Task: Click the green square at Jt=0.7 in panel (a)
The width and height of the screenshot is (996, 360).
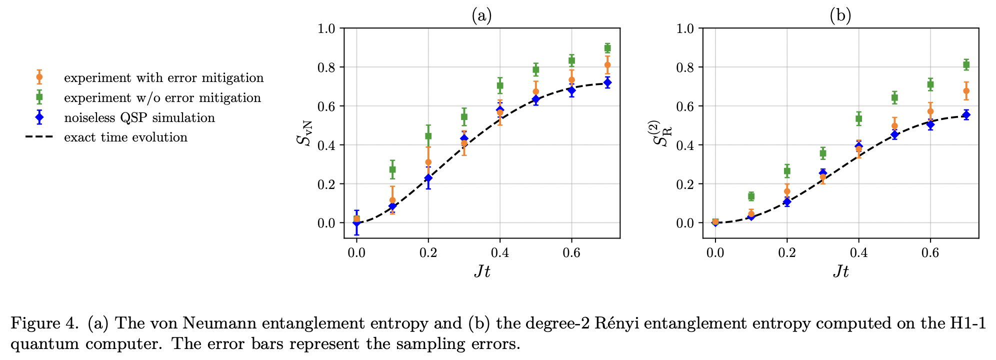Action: (x=607, y=48)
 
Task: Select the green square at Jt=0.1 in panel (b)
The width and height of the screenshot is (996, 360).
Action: (x=751, y=196)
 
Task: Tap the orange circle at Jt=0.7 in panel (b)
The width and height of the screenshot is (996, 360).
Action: (x=966, y=91)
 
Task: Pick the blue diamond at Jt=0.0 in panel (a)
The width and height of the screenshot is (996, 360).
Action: (x=356, y=223)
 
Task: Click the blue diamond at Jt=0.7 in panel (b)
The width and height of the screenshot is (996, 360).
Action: (x=966, y=115)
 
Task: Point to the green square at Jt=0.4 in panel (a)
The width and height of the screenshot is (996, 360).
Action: (x=499, y=85)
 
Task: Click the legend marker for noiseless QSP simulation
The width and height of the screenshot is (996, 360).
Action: (x=39, y=118)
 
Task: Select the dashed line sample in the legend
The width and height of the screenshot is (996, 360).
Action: (x=39, y=137)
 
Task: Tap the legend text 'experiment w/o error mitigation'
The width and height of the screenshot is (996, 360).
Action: (x=162, y=98)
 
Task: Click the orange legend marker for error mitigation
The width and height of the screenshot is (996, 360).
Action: (x=39, y=77)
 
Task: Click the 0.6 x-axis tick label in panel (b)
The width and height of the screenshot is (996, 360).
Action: (x=930, y=253)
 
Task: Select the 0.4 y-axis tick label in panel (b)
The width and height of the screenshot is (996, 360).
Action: (x=685, y=145)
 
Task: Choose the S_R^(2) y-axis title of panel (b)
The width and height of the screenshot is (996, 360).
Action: (x=664, y=132)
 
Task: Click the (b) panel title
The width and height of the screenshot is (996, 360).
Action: (x=840, y=16)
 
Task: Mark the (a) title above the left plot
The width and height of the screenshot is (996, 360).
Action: (x=481, y=16)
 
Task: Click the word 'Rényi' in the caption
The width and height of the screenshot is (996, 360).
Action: (x=617, y=323)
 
